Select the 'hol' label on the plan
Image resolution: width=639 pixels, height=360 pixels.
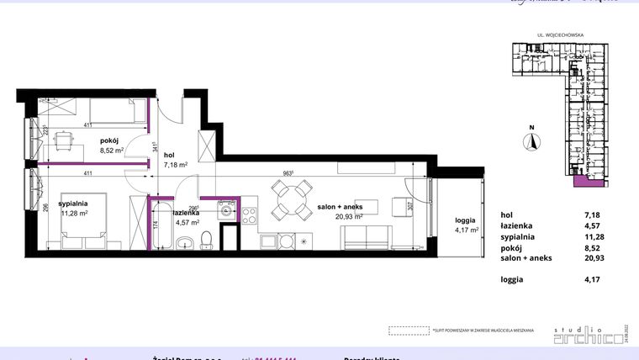168,155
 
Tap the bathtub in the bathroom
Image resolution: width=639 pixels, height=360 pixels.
161,225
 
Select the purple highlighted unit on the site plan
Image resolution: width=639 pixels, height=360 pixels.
579,180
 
